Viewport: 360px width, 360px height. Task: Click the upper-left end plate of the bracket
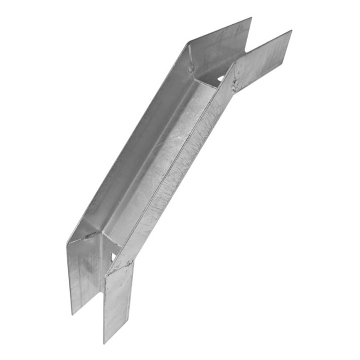[x=220, y=49]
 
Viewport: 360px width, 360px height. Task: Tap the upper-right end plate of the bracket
[x=263, y=61]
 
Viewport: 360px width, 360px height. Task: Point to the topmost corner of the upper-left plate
[x=251, y=18]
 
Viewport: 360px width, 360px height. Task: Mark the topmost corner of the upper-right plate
[x=291, y=31]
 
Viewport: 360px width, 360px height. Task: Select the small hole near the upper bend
[x=220, y=79]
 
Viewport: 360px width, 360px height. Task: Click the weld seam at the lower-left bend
[x=90, y=235]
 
